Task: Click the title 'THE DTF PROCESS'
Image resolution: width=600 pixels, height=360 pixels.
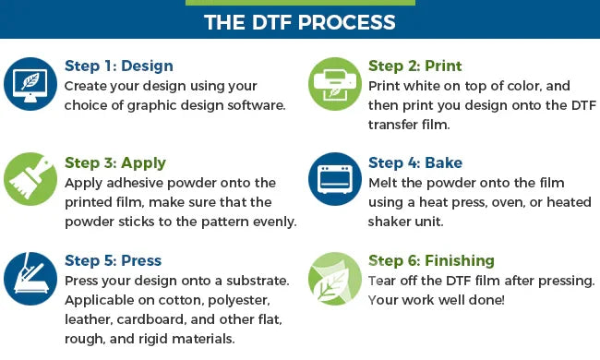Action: pos(300,22)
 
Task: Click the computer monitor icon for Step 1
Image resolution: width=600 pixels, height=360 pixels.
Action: pos(30,84)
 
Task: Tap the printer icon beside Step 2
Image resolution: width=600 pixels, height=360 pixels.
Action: pos(335,84)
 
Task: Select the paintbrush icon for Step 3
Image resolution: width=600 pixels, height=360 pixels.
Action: pos(30,179)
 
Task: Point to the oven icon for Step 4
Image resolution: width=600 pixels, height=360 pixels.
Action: pos(335,179)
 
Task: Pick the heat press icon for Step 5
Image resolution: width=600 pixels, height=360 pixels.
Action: pos(30,278)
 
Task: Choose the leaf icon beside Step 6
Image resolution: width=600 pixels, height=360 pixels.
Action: pos(335,278)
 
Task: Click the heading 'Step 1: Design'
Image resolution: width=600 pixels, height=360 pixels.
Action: pos(119,66)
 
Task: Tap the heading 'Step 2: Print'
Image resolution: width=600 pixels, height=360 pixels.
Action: pos(414,66)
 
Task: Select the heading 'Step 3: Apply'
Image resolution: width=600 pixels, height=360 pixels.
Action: pos(115,163)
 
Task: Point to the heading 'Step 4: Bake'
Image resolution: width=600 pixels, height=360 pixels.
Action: pos(415,163)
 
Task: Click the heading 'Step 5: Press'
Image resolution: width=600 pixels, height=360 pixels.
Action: pos(114,260)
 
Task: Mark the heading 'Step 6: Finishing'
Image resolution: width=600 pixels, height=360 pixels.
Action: pos(431,261)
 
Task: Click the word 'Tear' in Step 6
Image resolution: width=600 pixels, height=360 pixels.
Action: pos(381,281)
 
